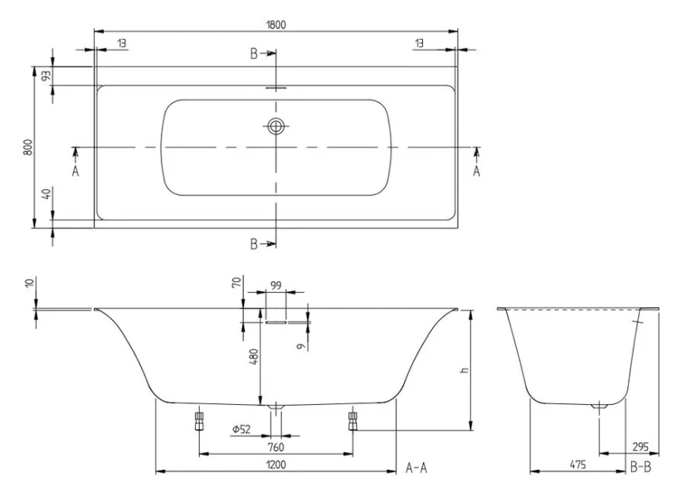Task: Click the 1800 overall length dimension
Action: tap(276, 24)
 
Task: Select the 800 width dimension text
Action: tap(27, 147)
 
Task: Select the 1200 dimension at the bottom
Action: tap(276, 465)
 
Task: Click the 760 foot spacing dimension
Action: tap(276, 447)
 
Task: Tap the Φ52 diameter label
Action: tap(241, 428)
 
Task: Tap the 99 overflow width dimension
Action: tap(276, 286)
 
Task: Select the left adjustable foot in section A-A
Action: tap(198, 420)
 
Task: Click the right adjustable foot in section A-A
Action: tap(353, 420)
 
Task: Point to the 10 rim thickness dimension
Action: tap(31, 284)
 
